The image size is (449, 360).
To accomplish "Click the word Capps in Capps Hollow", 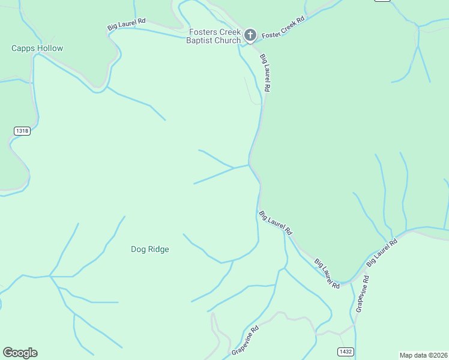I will click(23, 48).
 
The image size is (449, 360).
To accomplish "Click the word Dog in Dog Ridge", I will click(138, 250).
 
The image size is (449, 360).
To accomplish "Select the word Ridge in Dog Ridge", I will click(158, 250).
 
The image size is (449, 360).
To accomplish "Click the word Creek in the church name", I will click(230, 32).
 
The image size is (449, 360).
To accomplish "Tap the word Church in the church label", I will click(227, 41).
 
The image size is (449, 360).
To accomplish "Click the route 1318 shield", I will click(22, 131).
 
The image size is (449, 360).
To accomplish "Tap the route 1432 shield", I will click(345, 352).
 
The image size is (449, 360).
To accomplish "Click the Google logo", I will click(20, 353).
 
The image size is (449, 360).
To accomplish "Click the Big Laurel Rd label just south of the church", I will click(265, 73).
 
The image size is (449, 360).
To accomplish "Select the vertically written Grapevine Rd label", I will click(361, 294).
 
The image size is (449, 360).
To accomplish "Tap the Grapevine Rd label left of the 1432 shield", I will click(244, 341).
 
